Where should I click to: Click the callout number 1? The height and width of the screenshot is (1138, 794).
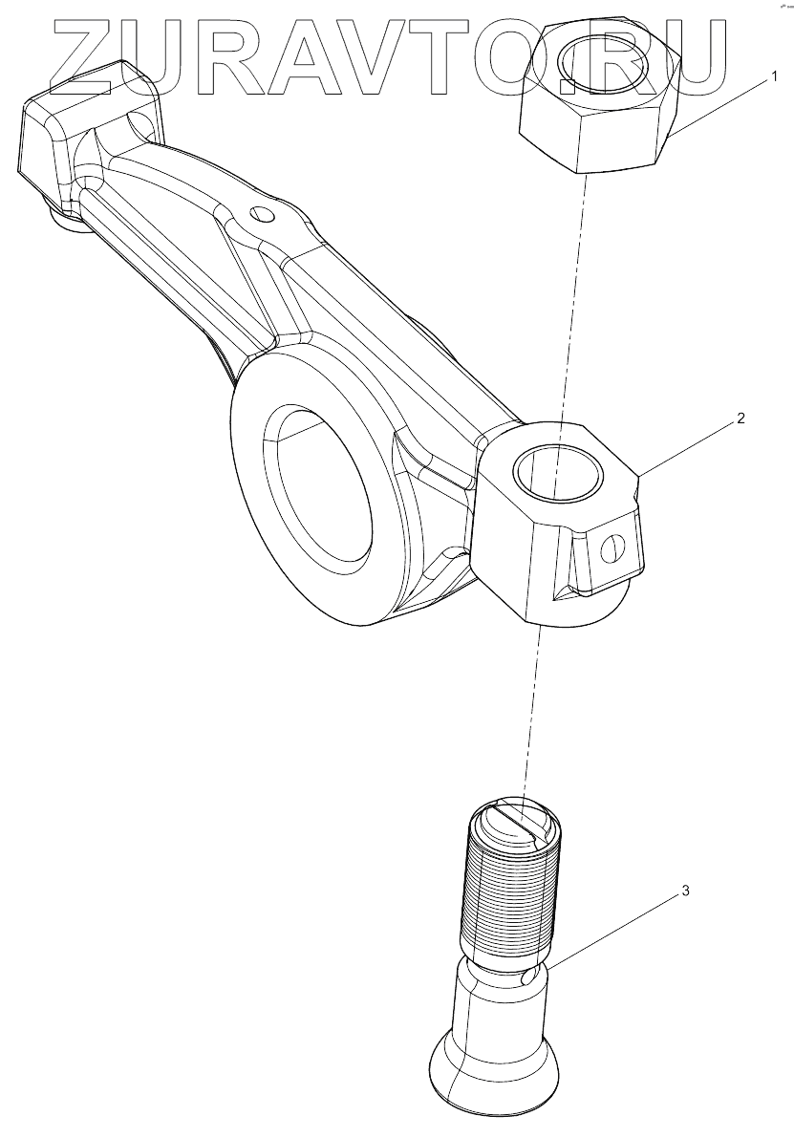(x=775, y=75)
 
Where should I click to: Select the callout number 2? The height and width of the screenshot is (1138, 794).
(x=741, y=419)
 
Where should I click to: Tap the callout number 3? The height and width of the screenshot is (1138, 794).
(x=684, y=891)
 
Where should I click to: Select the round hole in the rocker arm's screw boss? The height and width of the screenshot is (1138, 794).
(x=558, y=473)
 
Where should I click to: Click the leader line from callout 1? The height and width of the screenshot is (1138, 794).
(x=721, y=108)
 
